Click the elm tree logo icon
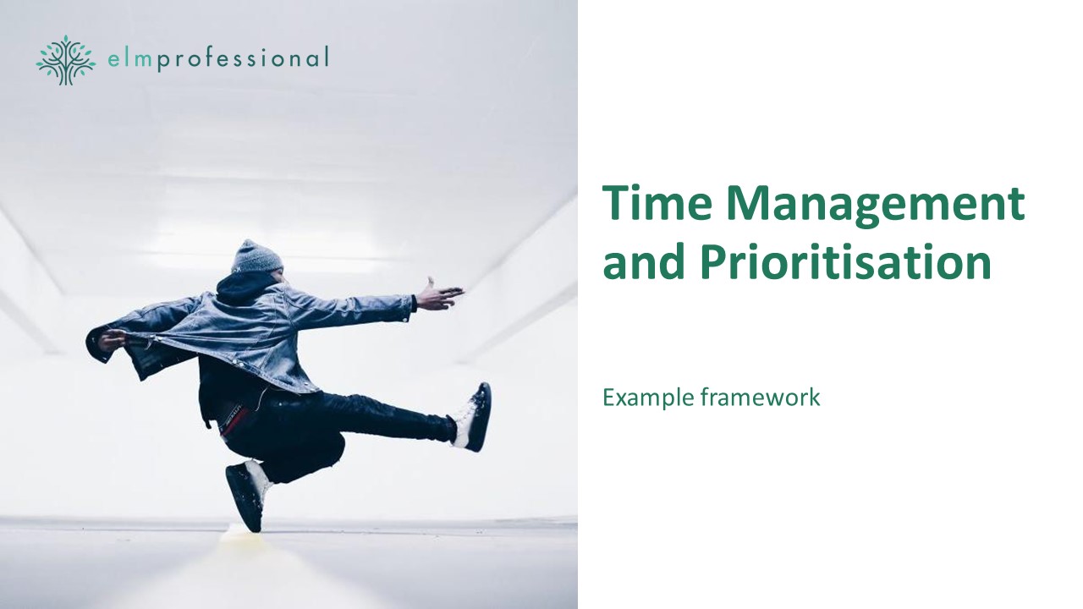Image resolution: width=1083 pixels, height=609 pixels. [66, 60]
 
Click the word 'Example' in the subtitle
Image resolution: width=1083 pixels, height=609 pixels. [647, 398]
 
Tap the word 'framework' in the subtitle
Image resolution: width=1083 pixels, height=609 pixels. [760, 398]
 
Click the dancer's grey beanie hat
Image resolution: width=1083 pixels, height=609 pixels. [256, 256]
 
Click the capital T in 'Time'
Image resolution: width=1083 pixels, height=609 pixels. [618, 204]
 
